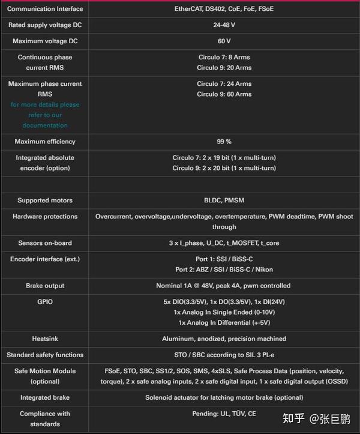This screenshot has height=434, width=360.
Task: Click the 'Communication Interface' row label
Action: tap(45, 9)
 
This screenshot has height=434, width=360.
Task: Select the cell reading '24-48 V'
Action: tap(224, 25)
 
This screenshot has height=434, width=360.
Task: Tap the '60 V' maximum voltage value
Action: tap(224, 41)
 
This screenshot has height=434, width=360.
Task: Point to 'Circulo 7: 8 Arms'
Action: tap(224, 57)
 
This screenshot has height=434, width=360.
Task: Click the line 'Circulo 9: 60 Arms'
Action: tap(224, 94)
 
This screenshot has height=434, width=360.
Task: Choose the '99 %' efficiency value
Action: tap(224, 142)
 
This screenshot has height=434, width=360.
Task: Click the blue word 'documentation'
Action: tap(45, 125)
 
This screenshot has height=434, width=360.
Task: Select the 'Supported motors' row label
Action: tap(45, 200)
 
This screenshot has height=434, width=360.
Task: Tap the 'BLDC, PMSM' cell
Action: tap(224, 200)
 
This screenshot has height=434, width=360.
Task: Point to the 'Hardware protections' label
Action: tap(45, 216)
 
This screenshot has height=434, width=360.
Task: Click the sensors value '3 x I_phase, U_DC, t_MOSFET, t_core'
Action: tap(224, 243)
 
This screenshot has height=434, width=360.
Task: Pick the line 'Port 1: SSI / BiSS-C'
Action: tap(224, 259)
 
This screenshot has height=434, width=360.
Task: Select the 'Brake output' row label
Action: tap(45, 286)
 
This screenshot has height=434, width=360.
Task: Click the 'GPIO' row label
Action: tap(45, 302)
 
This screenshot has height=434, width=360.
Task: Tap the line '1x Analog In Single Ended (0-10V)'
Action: tap(224, 312)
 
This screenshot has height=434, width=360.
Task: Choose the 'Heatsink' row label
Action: tap(45, 339)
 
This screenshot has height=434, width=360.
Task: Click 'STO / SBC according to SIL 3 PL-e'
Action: tap(224, 355)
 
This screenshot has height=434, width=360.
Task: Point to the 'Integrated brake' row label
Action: tap(45, 397)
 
